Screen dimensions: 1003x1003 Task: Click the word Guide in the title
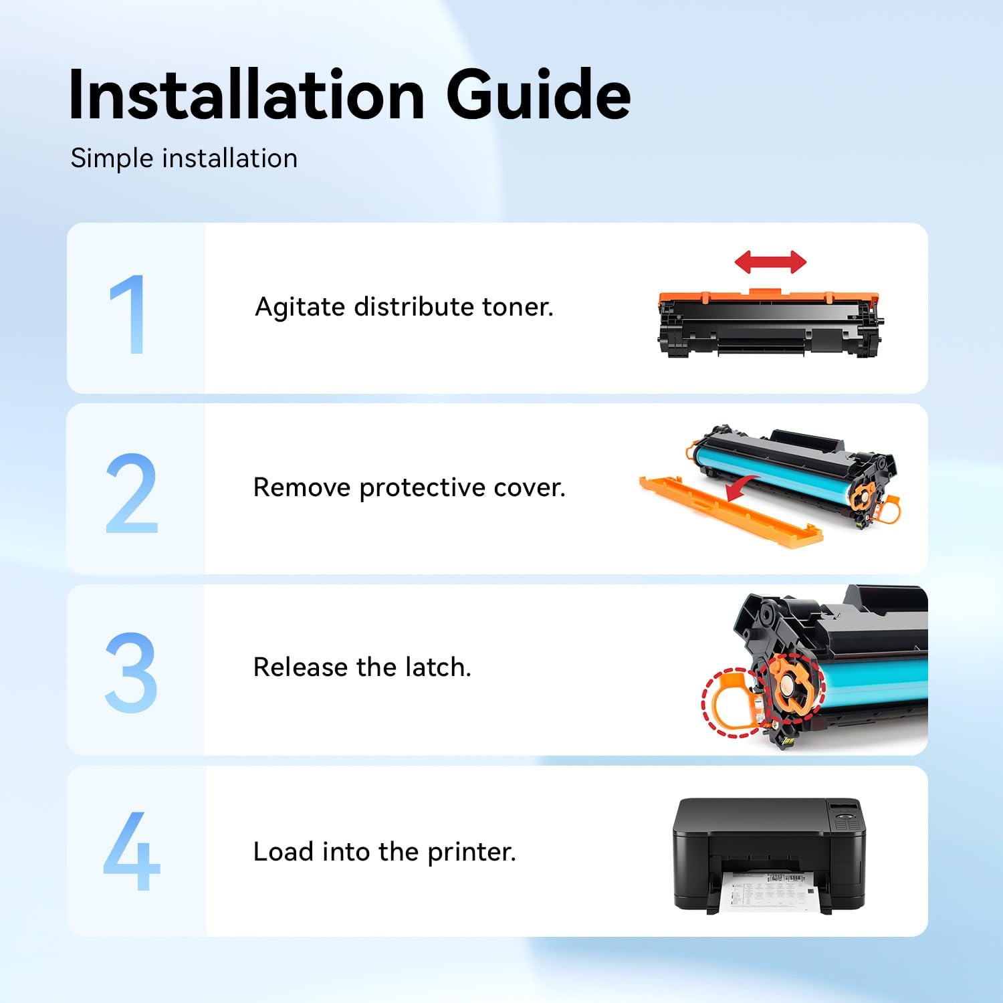pyautogui.click(x=538, y=95)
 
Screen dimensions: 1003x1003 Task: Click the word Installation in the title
pyautogui.click(x=247, y=95)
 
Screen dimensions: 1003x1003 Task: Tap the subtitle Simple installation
pyautogui.click(x=184, y=158)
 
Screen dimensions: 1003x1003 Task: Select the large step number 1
pyautogui.click(x=128, y=314)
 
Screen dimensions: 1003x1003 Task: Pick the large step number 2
pyautogui.click(x=132, y=493)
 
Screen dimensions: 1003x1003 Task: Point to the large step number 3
pyautogui.click(x=131, y=673)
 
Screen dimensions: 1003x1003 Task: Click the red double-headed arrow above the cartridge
pyautogui.click(x=770, y=262)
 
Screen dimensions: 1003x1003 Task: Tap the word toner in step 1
pyautogui.click(x=518, y=307)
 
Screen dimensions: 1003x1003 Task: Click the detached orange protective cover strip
pyautogui.click(x=729, y=511)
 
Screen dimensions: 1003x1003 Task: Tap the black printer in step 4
pyautogui.click(x=769, y=836)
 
